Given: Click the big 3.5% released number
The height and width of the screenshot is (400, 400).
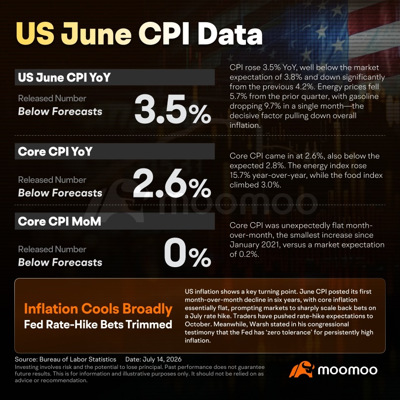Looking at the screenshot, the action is point(173,109).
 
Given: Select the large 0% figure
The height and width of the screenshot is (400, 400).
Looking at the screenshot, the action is point(188,252).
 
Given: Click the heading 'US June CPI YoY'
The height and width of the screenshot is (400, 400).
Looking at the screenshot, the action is point(64,78).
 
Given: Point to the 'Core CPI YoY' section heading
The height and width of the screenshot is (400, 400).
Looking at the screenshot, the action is point(55,152).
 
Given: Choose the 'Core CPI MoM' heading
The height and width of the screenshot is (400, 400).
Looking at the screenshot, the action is point(59,221).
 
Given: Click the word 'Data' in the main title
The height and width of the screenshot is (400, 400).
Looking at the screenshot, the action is point(230,34).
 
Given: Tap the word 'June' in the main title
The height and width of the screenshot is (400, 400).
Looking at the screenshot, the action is point(96,34).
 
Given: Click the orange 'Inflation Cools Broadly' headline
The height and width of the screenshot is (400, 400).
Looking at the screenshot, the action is point(98,309).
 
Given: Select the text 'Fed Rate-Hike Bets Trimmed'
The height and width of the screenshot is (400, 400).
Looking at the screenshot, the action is point(98,324).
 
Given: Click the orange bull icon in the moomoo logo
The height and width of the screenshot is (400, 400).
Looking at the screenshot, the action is point(302,369).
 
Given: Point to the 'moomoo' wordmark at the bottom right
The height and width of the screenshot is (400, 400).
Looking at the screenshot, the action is point(348,370).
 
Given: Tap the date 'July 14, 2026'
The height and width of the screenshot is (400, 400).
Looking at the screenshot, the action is point(162,360).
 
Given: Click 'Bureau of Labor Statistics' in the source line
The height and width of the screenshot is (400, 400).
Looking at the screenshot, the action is point(78,360).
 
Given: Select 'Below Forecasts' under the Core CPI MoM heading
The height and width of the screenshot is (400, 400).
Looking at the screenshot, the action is point(60,263).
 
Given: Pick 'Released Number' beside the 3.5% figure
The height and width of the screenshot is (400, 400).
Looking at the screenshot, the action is point(52,98).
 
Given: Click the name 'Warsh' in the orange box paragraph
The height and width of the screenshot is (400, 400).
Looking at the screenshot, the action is point(259,324).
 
